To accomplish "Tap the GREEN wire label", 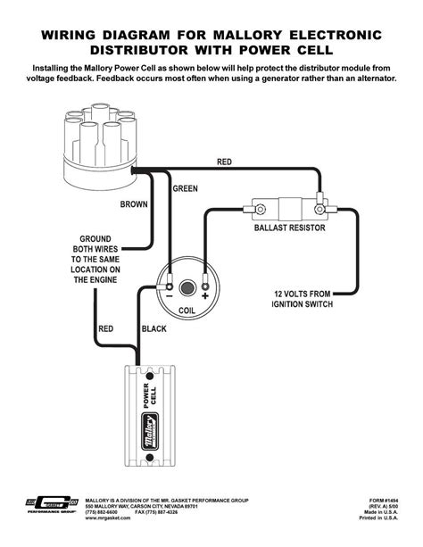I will (x=185, y=188).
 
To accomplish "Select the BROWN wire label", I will (x=134, y=204).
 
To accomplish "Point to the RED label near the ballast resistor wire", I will (x=226, y=162).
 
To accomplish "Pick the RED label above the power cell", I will (x=104, y=328).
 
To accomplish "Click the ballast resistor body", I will (x=286, y=207).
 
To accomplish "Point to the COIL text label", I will (x=187, y=311).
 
